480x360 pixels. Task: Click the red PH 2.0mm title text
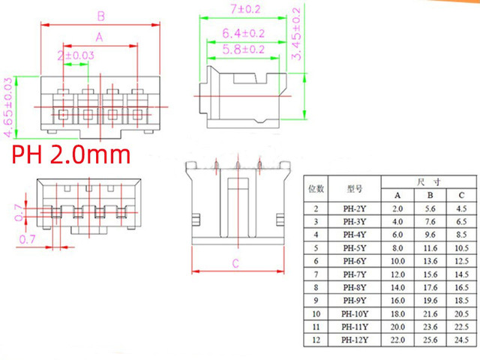(71, 154)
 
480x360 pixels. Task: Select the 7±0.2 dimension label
(245, 9)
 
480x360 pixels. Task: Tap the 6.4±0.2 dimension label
(243, 33)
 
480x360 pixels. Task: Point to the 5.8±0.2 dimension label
(243, 49)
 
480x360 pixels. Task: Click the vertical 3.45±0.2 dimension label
(296, 34)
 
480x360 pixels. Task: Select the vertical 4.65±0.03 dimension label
(8, 107)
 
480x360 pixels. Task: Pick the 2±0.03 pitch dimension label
(76, 55)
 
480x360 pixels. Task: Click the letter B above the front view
(101, 16)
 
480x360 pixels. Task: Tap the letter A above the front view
(99, 37)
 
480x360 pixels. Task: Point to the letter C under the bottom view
(235, 263)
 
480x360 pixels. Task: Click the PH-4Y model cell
(355, 235)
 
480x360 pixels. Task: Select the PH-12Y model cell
(355, 340)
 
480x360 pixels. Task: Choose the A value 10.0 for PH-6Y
(397, 261)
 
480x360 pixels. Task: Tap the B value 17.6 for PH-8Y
(430, 287)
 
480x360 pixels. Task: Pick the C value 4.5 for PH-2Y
(461, 208)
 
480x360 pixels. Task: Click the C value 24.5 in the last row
(461, 340)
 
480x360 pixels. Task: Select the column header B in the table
(430, 195)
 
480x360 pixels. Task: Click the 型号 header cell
(355, 188)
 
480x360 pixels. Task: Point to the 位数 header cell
(316, 188)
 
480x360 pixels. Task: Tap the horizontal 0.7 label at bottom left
(27, 239)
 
